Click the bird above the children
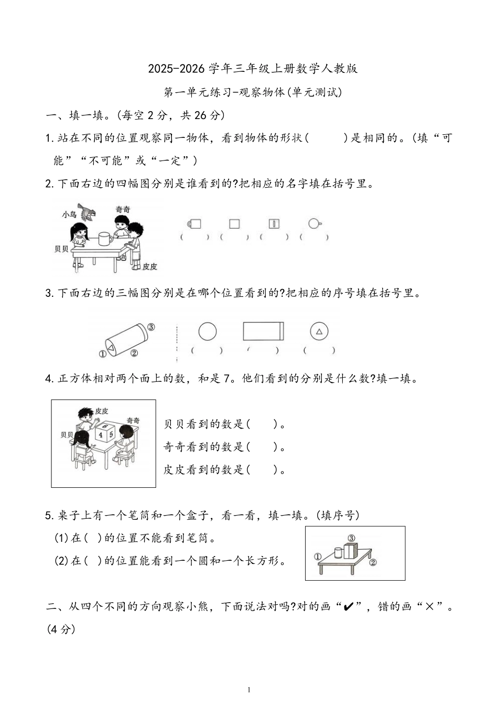88,213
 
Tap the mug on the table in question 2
105,238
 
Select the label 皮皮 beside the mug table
150,266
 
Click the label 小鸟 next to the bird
69,214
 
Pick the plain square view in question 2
234,224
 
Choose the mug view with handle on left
194,224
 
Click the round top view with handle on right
314,223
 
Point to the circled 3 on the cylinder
151,327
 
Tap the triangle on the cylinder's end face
111,347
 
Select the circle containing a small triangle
319,332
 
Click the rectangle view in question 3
263,332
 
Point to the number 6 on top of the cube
105,426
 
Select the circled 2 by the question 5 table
373,563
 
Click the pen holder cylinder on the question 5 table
338,552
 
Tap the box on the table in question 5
350,551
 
